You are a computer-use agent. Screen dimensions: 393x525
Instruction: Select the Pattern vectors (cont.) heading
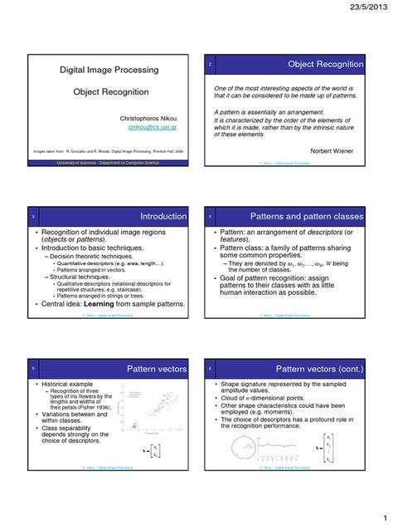click(x=318, y=368)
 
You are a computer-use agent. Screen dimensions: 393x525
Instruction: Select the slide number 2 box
click(x=211, y=65)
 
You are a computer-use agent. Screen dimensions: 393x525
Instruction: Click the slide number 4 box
click(x=211, y=217)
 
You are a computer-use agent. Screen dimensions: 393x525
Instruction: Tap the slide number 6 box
click(x=211, y=368)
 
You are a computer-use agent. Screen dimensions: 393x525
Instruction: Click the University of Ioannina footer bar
click(x=109, y=164)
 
